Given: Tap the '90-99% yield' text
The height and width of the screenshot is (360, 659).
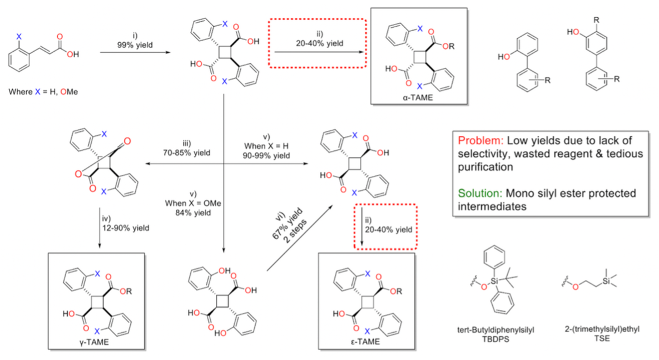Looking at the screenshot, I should point(266,156).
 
